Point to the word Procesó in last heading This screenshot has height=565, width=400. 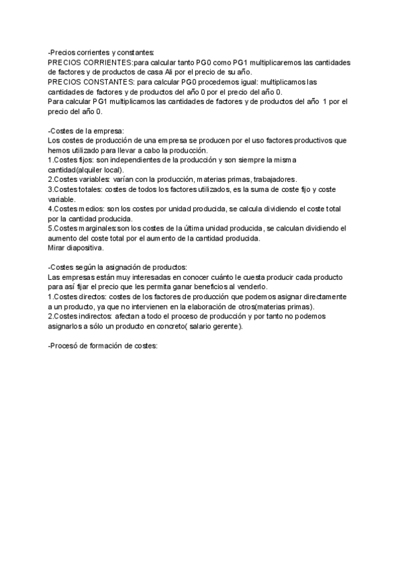click(65, 345)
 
